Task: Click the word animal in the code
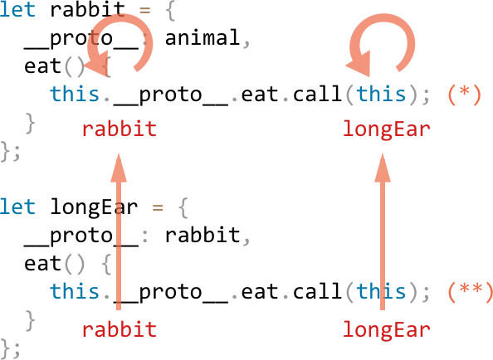(203, 37)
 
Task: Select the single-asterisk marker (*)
(464, 94)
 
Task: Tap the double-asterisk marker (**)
(471, 291)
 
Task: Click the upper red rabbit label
(120, 129)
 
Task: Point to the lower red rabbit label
(120, 329)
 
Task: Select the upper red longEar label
(387, 129)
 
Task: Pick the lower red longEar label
(387, 329)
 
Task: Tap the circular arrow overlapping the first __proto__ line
(147, 35)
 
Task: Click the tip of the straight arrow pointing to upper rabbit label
(119, 153)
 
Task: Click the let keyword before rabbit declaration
(17, 9)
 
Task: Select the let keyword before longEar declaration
(17, 207)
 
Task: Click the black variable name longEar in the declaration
(94, 207)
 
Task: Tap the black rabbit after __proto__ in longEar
(203, 235)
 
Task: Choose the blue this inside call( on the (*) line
(381, 94)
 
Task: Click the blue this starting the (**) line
(75, 291)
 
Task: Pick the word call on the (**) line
(318, 291)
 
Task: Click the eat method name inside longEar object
(42, 263)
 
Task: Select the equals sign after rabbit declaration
(144, 10)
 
